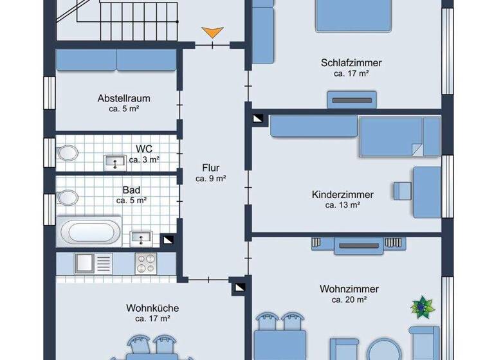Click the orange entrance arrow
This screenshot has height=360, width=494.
(212, 32)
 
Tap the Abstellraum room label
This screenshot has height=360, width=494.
(123, 98)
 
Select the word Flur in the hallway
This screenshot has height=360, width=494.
(210, 168)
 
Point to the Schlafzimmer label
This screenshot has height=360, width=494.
(351, 63)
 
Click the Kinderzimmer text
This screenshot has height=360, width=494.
(342, 194)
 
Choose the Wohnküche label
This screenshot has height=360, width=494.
(152, 308)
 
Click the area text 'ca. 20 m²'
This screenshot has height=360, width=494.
(349, 300)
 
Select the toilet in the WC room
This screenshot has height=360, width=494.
(67, 153)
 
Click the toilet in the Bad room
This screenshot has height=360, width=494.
(67, 196)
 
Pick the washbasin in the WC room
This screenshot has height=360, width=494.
(116, 161)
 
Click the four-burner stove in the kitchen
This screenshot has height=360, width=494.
(145, 263)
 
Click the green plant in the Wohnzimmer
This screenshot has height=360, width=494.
(421, 307)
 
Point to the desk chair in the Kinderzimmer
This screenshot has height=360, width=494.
(402, 190)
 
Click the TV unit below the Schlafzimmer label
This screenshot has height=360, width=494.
(351, 100)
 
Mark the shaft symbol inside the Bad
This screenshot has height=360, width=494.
(167, 240)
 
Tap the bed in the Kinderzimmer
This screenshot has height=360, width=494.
(399, 136)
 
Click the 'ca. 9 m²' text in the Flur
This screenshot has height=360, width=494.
(210, 178)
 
